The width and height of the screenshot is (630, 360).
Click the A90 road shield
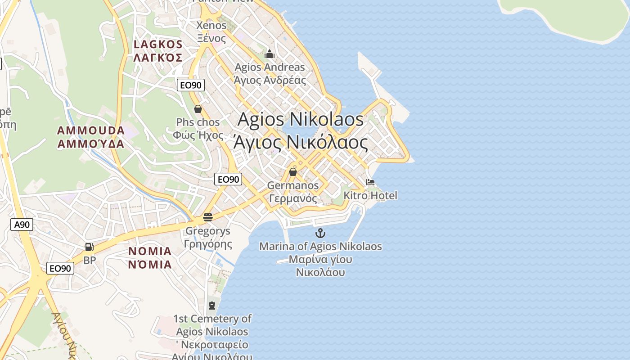click(x=22, y=225)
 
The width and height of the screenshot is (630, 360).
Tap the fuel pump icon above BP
click(x=89, y=247)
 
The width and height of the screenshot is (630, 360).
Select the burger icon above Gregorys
click(x=207, y=217)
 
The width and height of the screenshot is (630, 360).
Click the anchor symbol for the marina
click(x=320, y=233)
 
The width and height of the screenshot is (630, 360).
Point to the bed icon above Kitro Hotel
click(x=370, y=182)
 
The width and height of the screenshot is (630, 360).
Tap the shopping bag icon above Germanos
click(x=293, y=171)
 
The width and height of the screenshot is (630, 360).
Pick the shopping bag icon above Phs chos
click(x=198, y=108)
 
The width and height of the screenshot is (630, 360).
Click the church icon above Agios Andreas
click(x=270, y=54)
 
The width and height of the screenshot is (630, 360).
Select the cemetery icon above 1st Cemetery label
click(x=211, y=306)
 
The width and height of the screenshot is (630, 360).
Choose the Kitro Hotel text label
click(x=370, y=195)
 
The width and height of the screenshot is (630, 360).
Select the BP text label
click(x=90, y=260)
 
